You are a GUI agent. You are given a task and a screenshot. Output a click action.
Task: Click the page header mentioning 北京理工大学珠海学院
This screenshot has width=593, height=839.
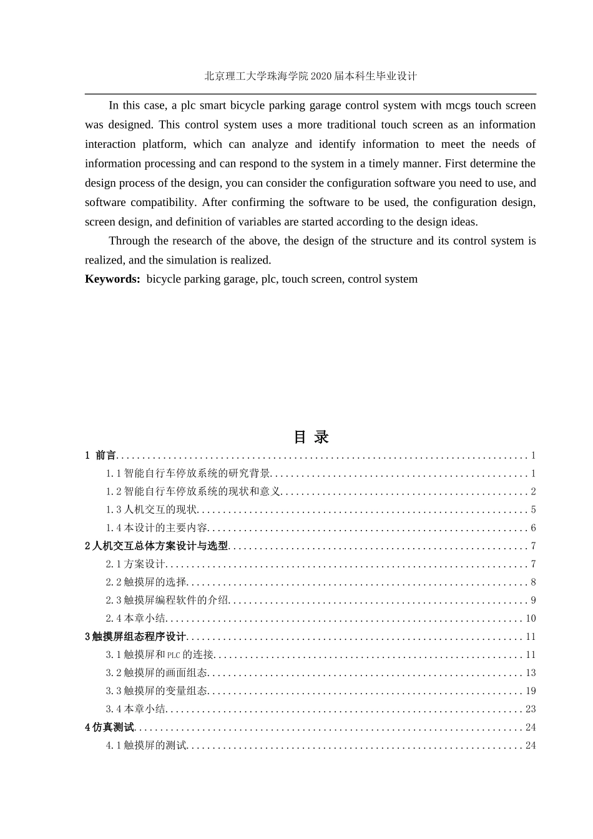click(310, 76)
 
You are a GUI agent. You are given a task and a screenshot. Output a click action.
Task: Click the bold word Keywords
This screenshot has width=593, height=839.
click(112, 279)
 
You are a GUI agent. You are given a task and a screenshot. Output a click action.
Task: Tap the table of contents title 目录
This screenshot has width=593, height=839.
click(311, 437)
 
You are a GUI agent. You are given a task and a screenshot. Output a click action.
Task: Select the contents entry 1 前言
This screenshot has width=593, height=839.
click(100, 456)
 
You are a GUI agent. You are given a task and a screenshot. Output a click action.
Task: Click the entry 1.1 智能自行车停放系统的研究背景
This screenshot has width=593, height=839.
click(188, 474)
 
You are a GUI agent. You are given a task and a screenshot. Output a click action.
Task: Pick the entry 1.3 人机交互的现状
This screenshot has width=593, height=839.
click(151, 510)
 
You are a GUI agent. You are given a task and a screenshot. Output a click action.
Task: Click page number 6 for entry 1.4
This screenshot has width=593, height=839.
click(533, 528)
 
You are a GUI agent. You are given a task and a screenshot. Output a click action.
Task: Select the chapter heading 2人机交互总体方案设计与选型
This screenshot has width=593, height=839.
click(157, 546)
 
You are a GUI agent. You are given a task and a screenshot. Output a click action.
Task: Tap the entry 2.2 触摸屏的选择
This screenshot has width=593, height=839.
click(146, 582)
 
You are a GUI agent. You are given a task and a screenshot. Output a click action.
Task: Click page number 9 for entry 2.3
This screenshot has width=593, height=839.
click(533, 601)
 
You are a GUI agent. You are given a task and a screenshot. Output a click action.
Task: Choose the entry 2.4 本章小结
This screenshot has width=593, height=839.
click(135, 619)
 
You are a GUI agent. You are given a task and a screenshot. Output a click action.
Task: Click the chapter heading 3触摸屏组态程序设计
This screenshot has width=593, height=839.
click(135, 637)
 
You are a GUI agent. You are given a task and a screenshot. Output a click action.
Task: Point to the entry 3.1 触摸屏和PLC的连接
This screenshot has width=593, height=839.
click(160, 655)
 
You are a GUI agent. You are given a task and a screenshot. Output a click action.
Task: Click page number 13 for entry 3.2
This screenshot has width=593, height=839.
click(531, 673)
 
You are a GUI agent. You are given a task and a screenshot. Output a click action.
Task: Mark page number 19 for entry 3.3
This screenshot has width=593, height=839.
click(531, 691)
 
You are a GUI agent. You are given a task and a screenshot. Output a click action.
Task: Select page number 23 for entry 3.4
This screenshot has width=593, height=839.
click(531, 709)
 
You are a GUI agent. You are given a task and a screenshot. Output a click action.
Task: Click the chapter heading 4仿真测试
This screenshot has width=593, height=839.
click(110, 727)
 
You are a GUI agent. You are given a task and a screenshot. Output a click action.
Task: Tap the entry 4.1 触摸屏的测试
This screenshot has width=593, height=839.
click(146, 745)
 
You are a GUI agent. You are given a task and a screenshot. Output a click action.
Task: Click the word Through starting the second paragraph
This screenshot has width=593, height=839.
click(129, 241)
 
